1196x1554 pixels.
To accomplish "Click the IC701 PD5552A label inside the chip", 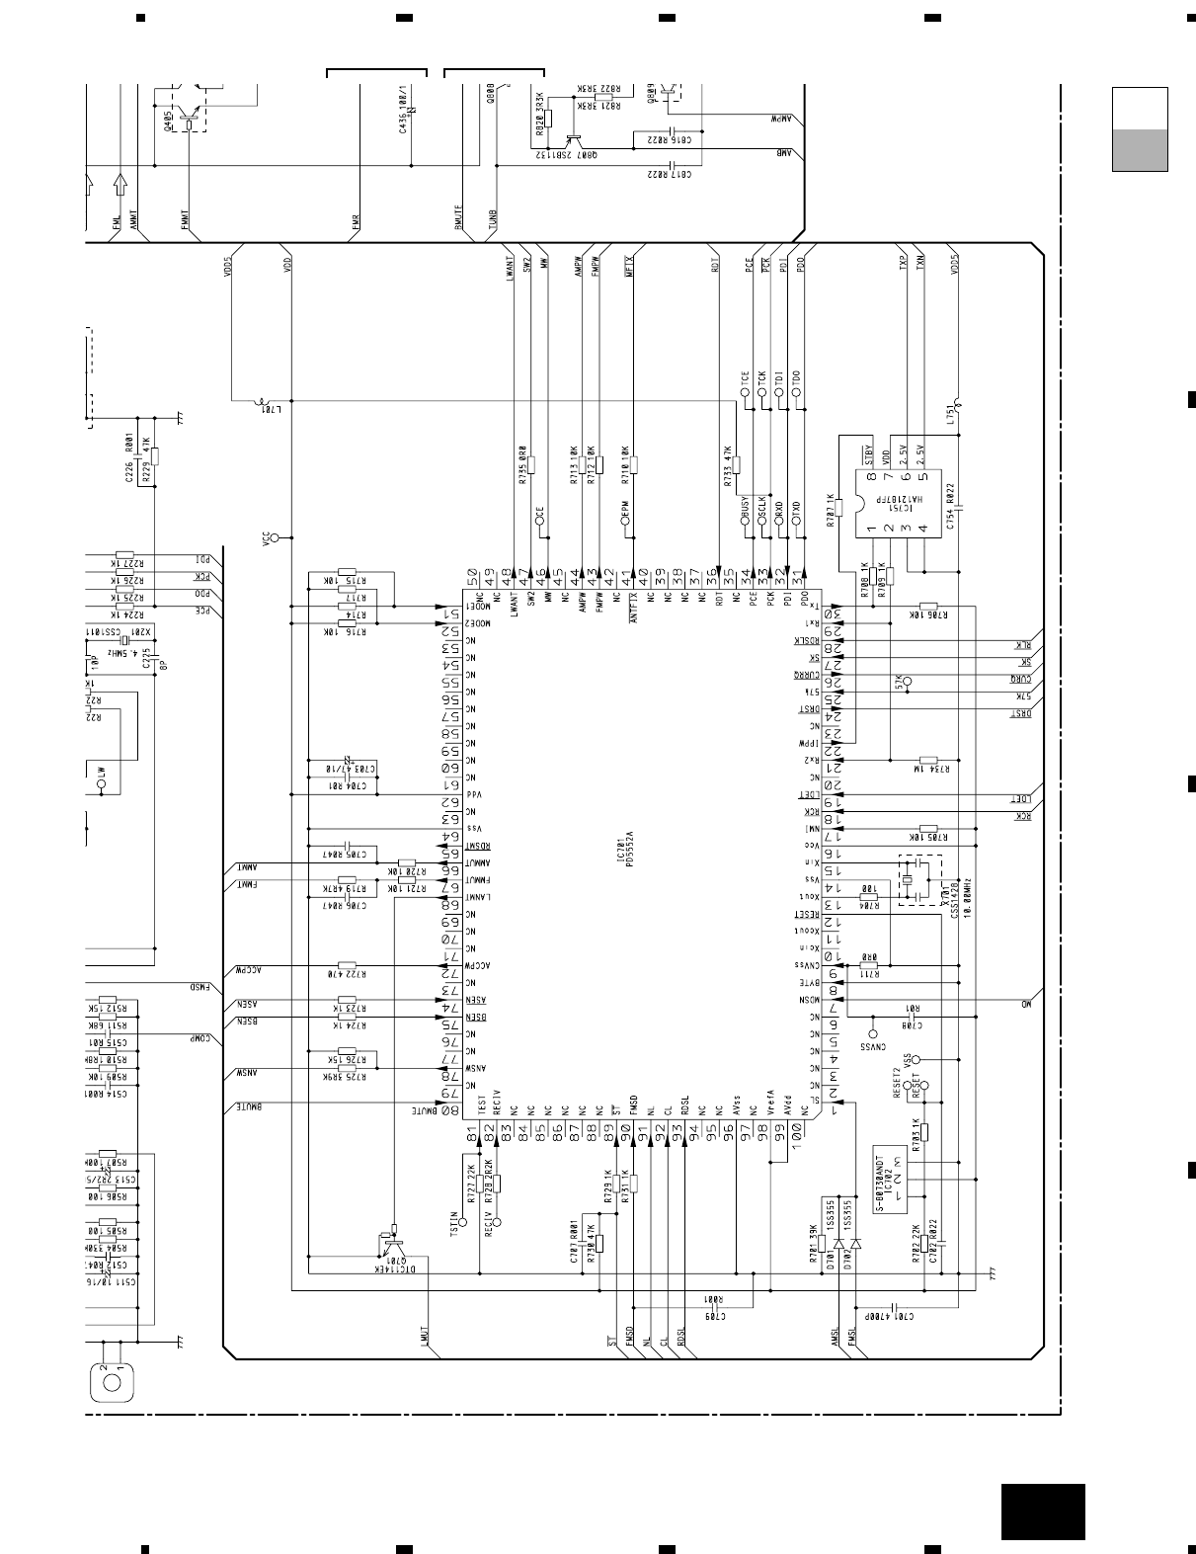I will (x=623, y=848).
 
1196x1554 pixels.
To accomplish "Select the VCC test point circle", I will (x=277, y=537).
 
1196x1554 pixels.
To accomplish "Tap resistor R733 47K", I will (x=737, y=465).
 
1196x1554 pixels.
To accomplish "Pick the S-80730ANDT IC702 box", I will (x=891, y=1180).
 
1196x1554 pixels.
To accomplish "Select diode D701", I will (x=838, y=1242).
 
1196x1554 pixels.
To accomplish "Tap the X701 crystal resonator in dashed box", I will (x=915, y=879).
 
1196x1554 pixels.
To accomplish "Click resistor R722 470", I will (x=347, y=965).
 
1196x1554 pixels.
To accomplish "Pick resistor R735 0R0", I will (x=530, y=465).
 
